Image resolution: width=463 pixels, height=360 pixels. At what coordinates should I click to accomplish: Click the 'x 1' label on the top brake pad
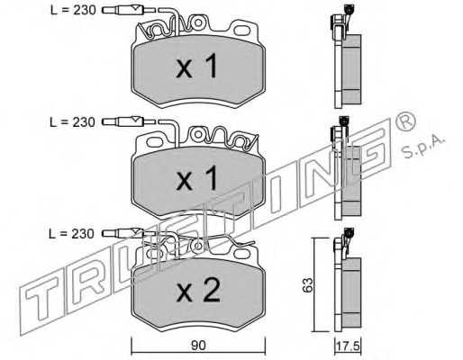click(196, 67)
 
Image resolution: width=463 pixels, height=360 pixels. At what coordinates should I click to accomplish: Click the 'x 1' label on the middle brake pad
click(196, 179)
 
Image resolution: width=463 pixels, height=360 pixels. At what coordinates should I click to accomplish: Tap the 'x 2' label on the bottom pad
click(198, 291)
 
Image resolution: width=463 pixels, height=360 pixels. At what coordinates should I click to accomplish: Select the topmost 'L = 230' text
click(73, 10)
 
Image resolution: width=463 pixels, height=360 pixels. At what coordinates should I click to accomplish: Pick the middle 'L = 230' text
click(73, 122)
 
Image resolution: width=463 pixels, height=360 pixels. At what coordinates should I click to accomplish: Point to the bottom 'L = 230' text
click(72, 234)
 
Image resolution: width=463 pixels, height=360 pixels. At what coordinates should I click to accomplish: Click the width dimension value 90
click(198, 346)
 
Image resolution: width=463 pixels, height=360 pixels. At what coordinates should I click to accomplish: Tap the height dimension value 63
click(308, 284)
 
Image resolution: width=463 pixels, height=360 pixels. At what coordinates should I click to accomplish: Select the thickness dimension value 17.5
click(349, 346)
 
